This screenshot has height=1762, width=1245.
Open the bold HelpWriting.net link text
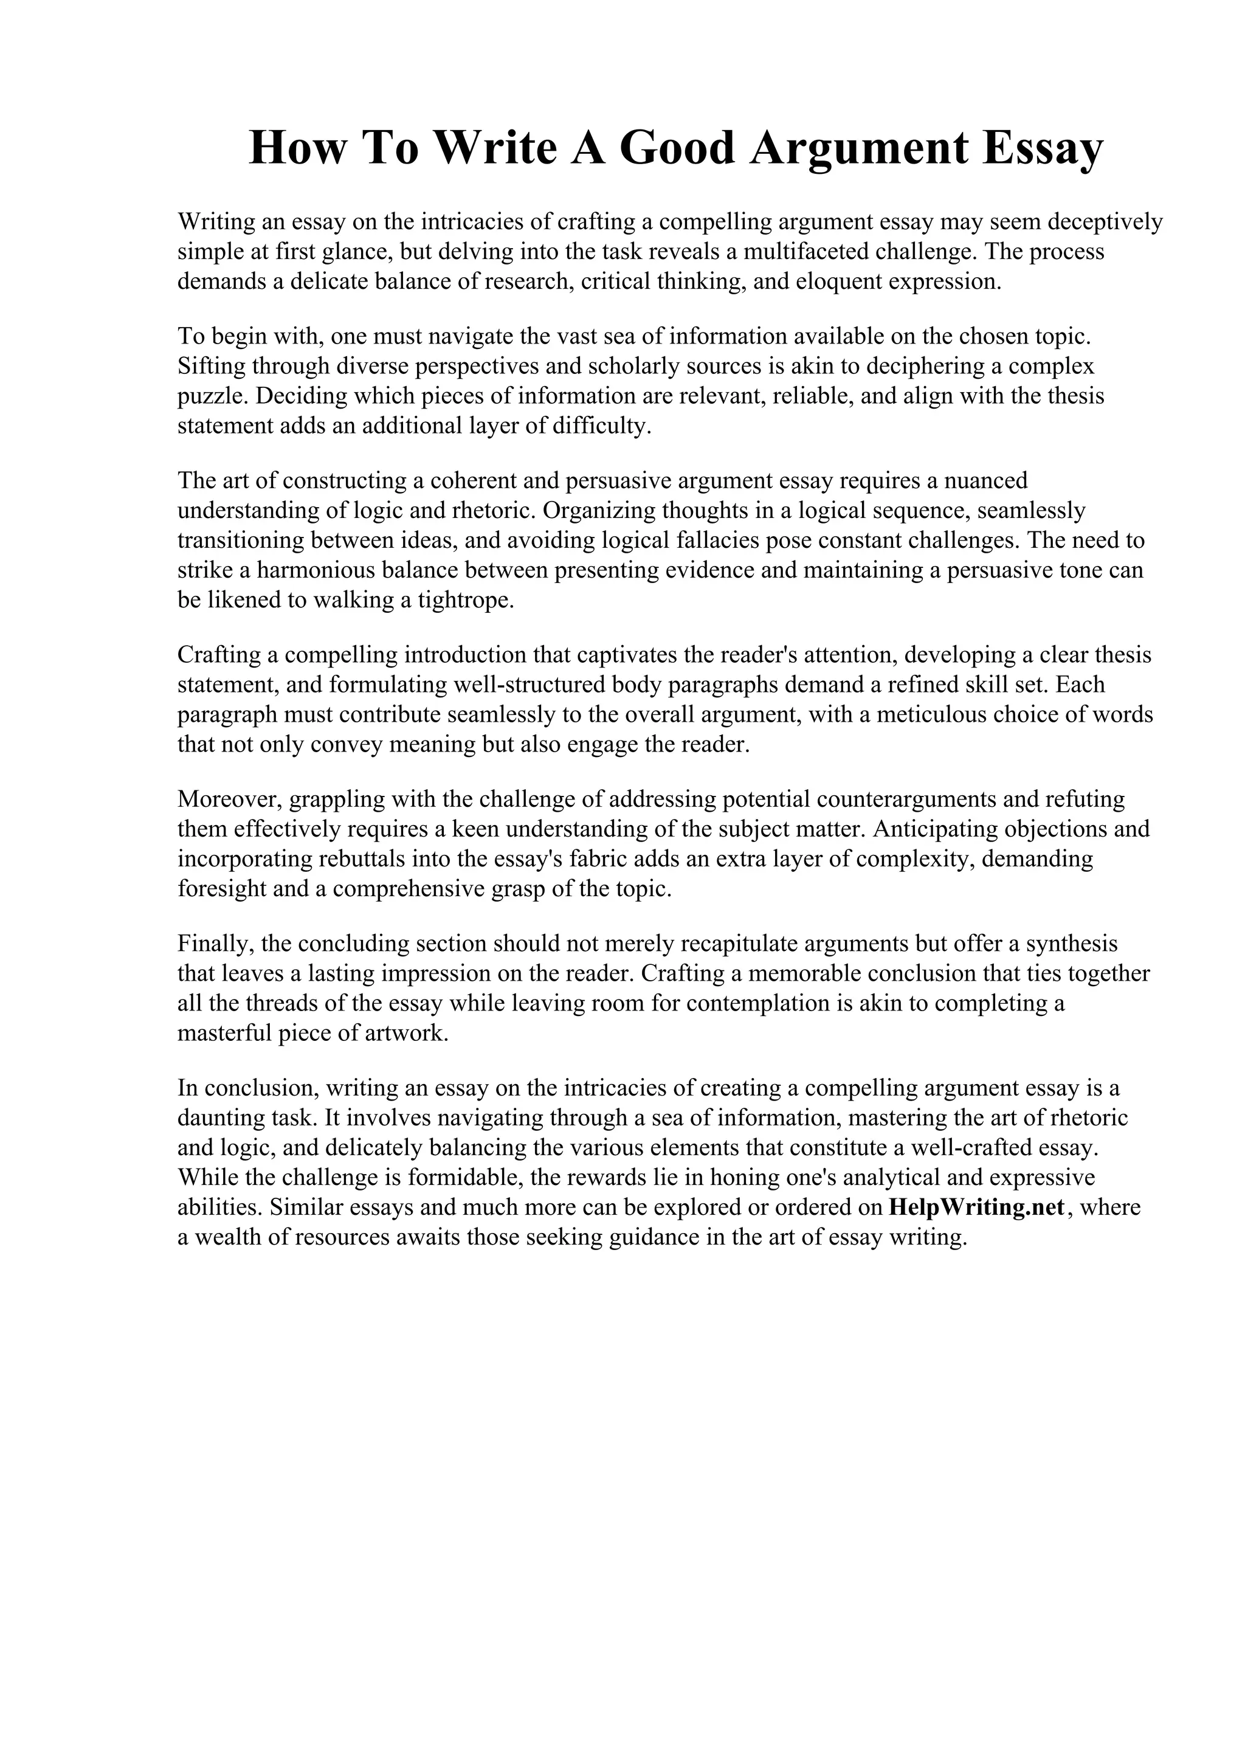[976, 1209]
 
